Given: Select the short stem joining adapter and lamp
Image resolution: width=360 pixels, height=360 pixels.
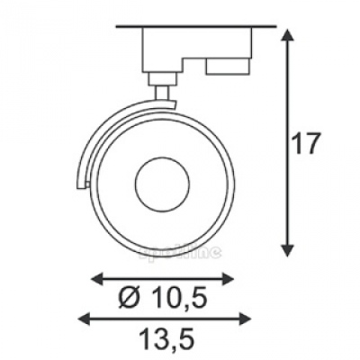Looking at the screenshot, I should click(x=163, y=89).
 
